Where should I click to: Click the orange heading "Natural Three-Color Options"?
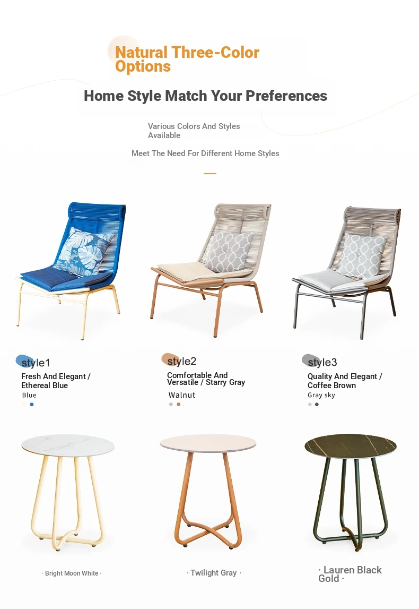(187, 59)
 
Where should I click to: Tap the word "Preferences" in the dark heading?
(286, 96)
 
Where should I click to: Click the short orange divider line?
(210, 174)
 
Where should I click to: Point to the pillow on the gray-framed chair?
(362, 255)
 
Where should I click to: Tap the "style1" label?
(36, 363)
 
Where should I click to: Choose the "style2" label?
(181, 361)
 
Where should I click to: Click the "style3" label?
(322, 362)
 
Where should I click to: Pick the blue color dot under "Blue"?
(32, 404)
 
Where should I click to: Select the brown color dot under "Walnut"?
(178, 404)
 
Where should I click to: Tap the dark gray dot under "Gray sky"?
(317, 404)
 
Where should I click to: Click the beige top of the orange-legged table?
(208, 443)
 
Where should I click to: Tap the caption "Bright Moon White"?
(72, 573)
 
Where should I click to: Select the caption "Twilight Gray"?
(213, 573)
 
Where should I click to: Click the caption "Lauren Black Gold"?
(350, 574)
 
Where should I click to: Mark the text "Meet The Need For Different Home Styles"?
(205, 153)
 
